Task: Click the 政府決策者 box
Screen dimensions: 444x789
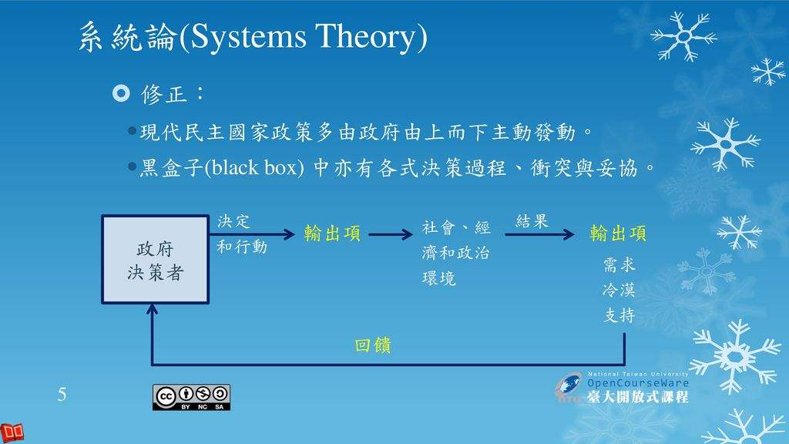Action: (155, 260)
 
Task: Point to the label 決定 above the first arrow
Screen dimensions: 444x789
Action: (233, 221)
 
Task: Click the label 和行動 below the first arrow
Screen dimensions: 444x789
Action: (242, 247)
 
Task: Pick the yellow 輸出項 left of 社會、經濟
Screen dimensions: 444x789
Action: (332, 234)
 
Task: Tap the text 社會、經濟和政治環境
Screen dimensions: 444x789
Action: (456, 253)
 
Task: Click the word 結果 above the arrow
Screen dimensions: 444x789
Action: (532, 221)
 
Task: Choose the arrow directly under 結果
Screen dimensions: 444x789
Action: (539, 234)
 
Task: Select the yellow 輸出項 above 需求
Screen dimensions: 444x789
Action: (618, 234)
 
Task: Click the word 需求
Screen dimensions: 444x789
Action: (619, 265)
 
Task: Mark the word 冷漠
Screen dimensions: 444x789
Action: (619, 291)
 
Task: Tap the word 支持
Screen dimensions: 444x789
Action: (619, 315)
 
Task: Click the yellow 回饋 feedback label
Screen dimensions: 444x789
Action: (373, 346)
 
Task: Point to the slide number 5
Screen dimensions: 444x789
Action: (62, 395)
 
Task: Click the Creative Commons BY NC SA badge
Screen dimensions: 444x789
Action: (192, 396)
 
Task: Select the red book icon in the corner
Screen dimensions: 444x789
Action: (12, 432)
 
